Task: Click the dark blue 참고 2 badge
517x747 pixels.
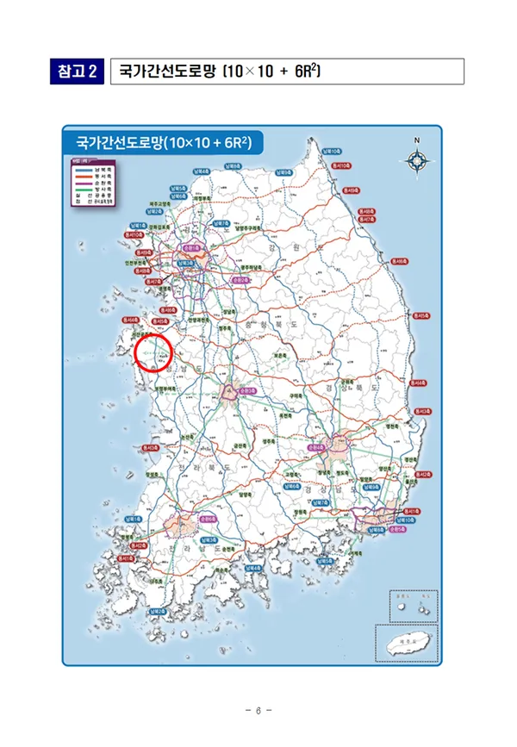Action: click(76, 71)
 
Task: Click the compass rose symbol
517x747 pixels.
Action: click(416, 160)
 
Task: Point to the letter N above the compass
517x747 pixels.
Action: click(416, 140)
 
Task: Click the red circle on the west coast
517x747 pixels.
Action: click(155, 353)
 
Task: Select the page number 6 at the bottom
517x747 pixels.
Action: click(258, 710)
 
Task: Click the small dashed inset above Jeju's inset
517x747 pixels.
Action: click(413, 606)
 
